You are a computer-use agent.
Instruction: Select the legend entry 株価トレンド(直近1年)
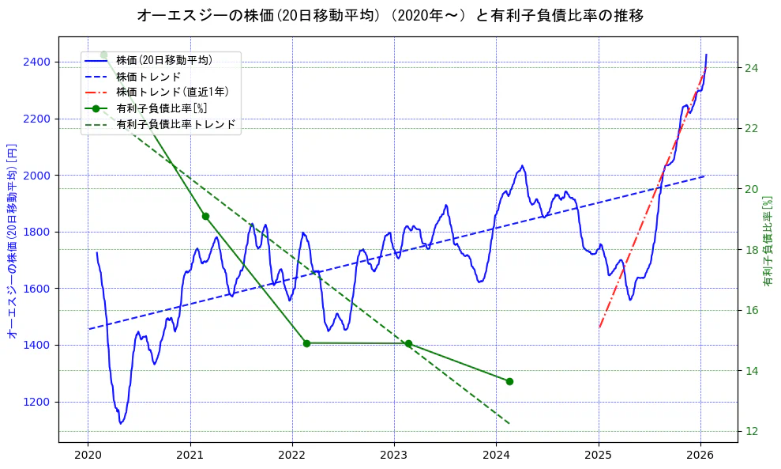coord(172,92)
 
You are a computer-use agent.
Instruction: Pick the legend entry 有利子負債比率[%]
coord(161,108)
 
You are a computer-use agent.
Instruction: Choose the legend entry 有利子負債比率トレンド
coord(175,124)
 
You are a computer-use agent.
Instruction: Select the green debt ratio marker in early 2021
coord(205,216)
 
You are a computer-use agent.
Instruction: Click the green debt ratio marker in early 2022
coord(306,343)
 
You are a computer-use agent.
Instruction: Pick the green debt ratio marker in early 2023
coord(408,343)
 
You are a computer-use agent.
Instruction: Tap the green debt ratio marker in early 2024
coord(509,381)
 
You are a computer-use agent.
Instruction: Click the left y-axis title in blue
coord(12,241)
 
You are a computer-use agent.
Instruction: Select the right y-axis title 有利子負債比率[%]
coord(768,241)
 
